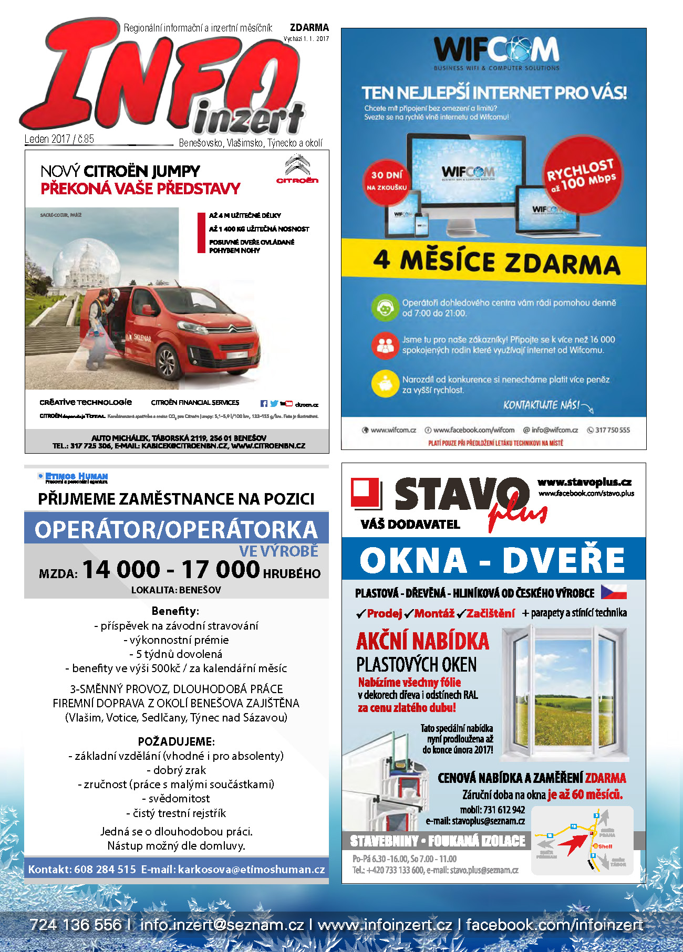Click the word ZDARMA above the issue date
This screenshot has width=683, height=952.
pos(309,27)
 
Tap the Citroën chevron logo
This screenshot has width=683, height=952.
pos(297,166)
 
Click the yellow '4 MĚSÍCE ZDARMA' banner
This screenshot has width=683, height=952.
pos(494,261)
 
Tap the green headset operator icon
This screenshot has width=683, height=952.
pos(385,308)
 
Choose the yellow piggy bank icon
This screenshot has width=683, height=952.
pos(385,384)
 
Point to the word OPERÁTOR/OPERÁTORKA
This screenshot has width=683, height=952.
pos(176,529)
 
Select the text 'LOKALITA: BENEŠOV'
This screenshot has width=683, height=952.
pos(176,590)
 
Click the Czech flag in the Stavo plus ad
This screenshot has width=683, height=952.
pos(614,592)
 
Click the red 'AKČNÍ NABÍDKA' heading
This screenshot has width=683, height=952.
pos(422,641)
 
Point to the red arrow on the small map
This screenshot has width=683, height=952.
pos(573,843)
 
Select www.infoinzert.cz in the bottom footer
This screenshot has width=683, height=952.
pos(385,925)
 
